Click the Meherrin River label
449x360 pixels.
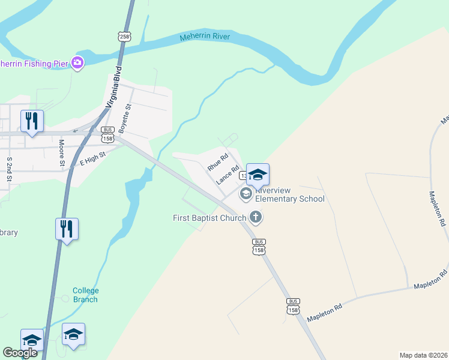[205, 38]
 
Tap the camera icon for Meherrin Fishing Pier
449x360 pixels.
[77, 62]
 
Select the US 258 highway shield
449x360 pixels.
[124, 36]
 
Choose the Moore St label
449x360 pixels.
[61, 152]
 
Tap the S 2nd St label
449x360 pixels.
[10, 169]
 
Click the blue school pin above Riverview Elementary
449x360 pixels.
[258, 175]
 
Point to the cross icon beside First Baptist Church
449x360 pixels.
[256, 217]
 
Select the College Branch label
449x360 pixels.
[85, 295]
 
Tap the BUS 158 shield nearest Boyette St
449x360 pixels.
[108, 134]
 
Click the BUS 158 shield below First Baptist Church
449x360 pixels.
[259, 247]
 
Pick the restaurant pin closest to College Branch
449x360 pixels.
[67, 229]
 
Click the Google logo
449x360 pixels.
[20, 353]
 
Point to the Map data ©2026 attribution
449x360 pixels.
[424, 355]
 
